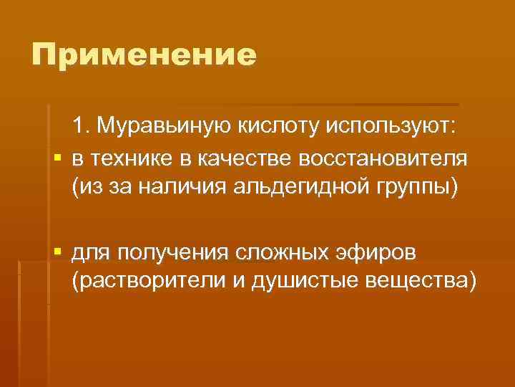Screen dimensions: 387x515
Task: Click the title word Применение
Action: tap(144, 55)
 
